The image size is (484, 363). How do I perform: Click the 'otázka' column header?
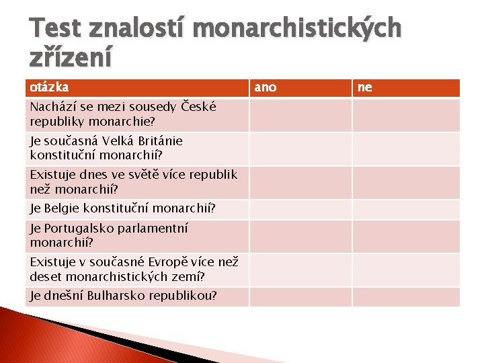pyautogui.click(x=49, y=87)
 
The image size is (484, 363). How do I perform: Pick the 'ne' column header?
pyautogui.click(x=365, y=87)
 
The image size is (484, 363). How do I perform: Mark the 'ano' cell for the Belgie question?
pyautogui.click(x=300, y=208)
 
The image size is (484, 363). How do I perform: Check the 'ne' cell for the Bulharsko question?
pyautogui.click(x=406, y=296)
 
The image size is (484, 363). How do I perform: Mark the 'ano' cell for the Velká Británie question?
pyautogui.click(x=300, y=149)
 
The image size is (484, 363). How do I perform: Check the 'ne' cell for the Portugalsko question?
pyautogui.click(x=406, y=236)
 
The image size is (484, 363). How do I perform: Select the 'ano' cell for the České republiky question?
pyautogui.click(x=300, y=115)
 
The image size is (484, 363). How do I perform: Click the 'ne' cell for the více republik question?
pyautogui.click(x=406, y=182)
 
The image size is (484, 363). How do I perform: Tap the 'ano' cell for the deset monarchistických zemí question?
pyautogui.click(x=300, y=270)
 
